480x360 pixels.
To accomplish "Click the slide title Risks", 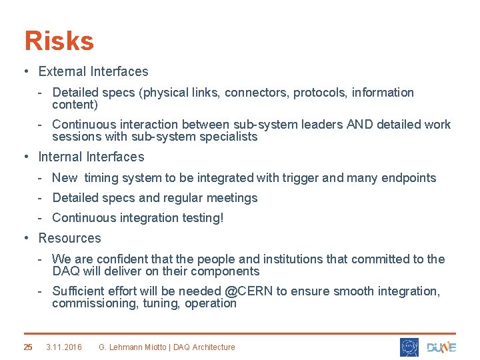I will [x=59, y=41].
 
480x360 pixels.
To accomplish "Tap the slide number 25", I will [x=28, y=347].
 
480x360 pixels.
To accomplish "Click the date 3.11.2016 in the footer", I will [x=64, y=347].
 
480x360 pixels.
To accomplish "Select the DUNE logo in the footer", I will [x=441, y=347].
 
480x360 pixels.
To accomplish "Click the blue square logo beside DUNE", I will [x=409, y=347].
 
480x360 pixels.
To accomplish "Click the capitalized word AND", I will [x=360, y=125].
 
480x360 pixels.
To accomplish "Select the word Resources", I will [x=69, y=238].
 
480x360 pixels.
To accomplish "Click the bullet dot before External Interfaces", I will [x=25, y=71].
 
